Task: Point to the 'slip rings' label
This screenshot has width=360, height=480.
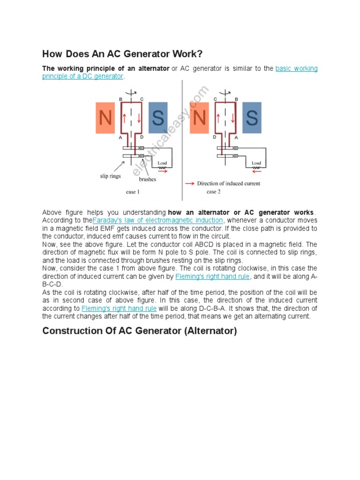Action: [110, 176]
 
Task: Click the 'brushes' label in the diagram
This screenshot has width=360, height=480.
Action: [147, 179]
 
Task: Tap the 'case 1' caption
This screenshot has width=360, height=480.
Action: [133, 192]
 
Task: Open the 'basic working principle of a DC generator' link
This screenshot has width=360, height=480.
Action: [296, 68]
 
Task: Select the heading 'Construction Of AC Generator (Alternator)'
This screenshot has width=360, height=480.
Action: [140, 331]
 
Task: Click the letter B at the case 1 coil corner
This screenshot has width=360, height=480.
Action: [120, 99]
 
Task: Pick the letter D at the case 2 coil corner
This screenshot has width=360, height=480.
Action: [215, 137]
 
